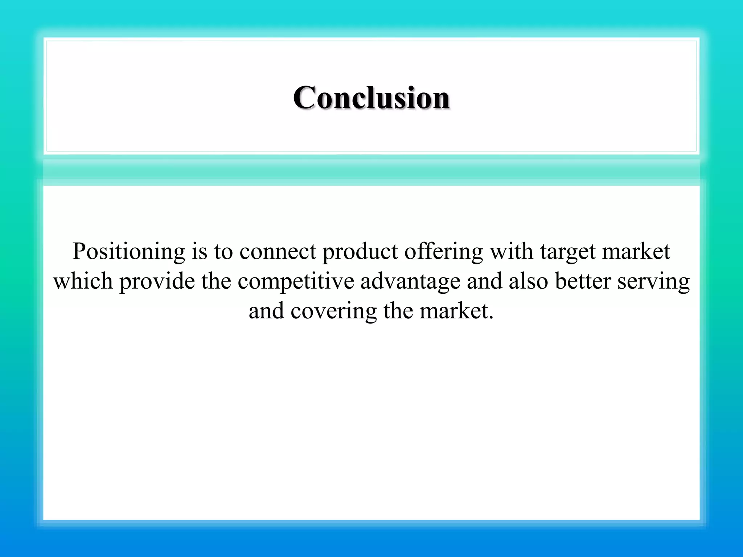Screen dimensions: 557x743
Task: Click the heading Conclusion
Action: tap(371, 98)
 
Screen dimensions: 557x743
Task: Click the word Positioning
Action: tap(128, 252)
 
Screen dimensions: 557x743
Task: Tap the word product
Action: tap(360, 252)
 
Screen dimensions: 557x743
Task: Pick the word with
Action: tap(512, 251)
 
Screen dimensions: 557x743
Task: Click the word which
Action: tap(83, 281)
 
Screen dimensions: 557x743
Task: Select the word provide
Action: tap(157, 282)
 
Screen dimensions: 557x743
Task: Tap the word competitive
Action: tap(296, 282)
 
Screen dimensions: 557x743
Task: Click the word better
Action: tap(583, 281)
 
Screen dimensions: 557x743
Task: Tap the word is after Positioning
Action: tap(199, 251)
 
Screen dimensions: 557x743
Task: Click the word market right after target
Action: tap(636, 251)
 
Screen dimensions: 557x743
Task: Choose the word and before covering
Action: tap(266, 311)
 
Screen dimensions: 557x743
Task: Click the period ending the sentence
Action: tap(491, 317)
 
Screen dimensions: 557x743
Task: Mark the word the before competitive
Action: tap(216, 281)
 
